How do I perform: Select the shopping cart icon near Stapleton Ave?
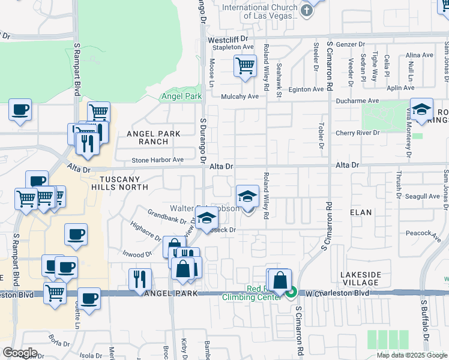(245, 66)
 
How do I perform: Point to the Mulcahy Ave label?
(240, 96)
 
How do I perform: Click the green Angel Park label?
(181, 96)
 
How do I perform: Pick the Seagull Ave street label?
(423, 196)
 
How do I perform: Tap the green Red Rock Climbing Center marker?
(291, 293)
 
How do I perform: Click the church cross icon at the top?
(307, 10)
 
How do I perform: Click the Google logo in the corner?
(20, 353)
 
